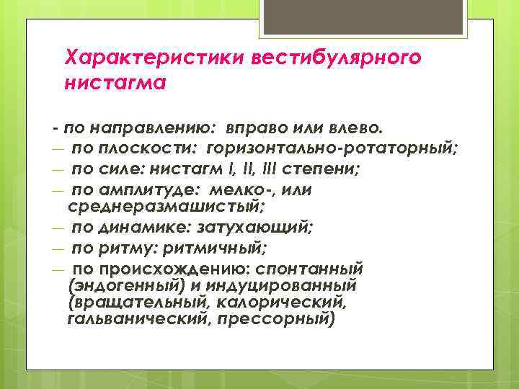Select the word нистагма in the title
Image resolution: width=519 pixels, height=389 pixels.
point(115,84)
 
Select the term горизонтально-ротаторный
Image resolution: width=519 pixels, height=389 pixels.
point(332,149)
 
